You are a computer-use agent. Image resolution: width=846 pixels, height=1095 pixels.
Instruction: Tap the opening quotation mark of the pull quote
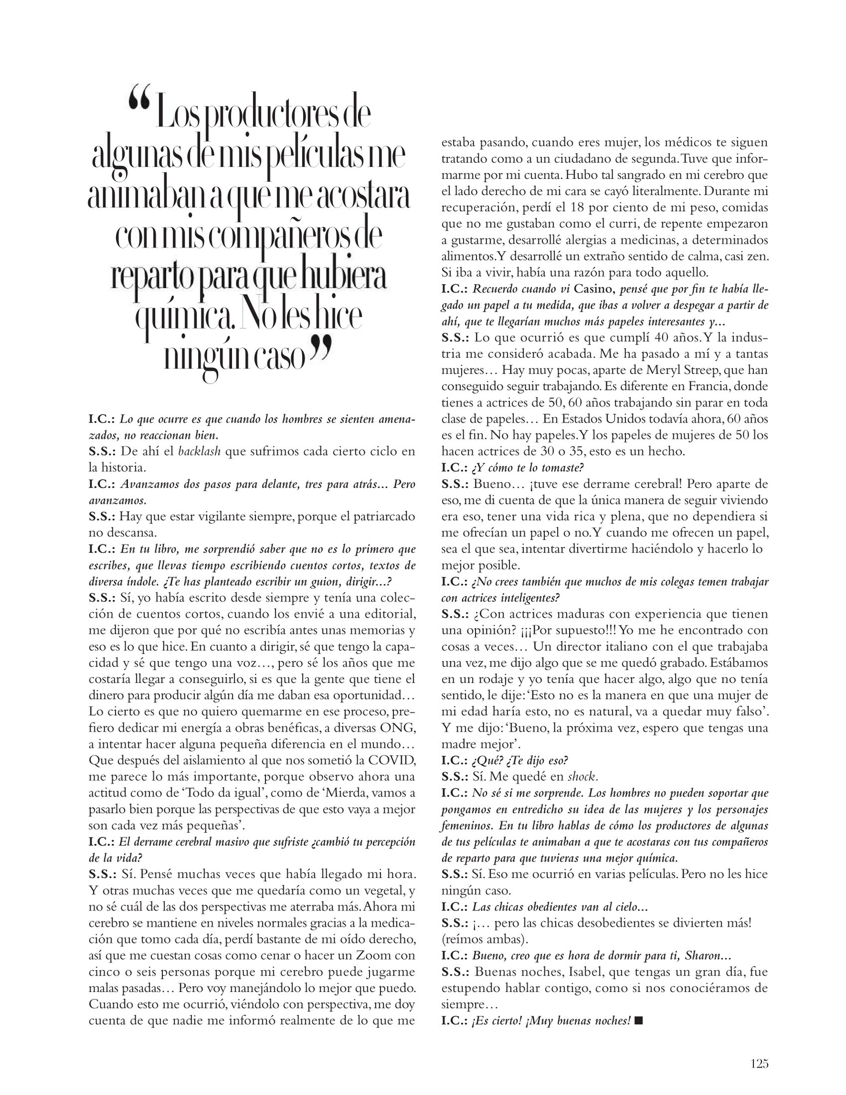[139, 100]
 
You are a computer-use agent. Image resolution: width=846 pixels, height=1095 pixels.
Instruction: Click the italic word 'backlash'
[200, 451]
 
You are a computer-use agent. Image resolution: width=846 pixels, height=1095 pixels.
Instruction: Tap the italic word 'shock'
[582, 776]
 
